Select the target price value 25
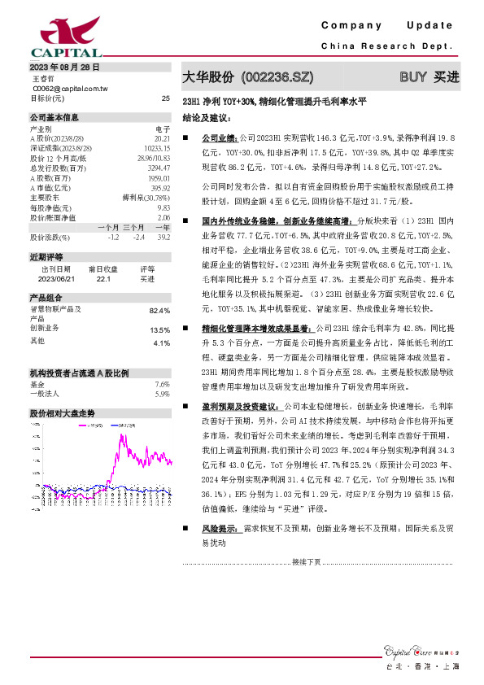coord(165,98)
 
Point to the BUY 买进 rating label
coord(429,77)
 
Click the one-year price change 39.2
coord(164,237)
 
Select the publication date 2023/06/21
coord(55,278)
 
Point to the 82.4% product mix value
coord(159,311)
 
